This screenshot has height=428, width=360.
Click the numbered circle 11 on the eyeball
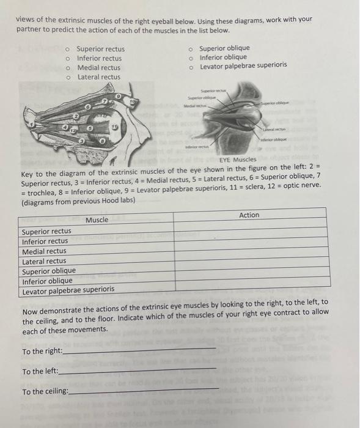pos(114,127)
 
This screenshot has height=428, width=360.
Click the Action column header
pos(249,215)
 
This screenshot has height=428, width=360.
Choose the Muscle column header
pos(97,220)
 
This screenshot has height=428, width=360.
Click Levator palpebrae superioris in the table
pos(68,290)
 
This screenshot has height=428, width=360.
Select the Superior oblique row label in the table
pos(49,271)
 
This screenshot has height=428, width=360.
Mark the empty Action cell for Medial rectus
pos(249,251)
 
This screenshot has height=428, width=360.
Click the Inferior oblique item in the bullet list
pos(223,57)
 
